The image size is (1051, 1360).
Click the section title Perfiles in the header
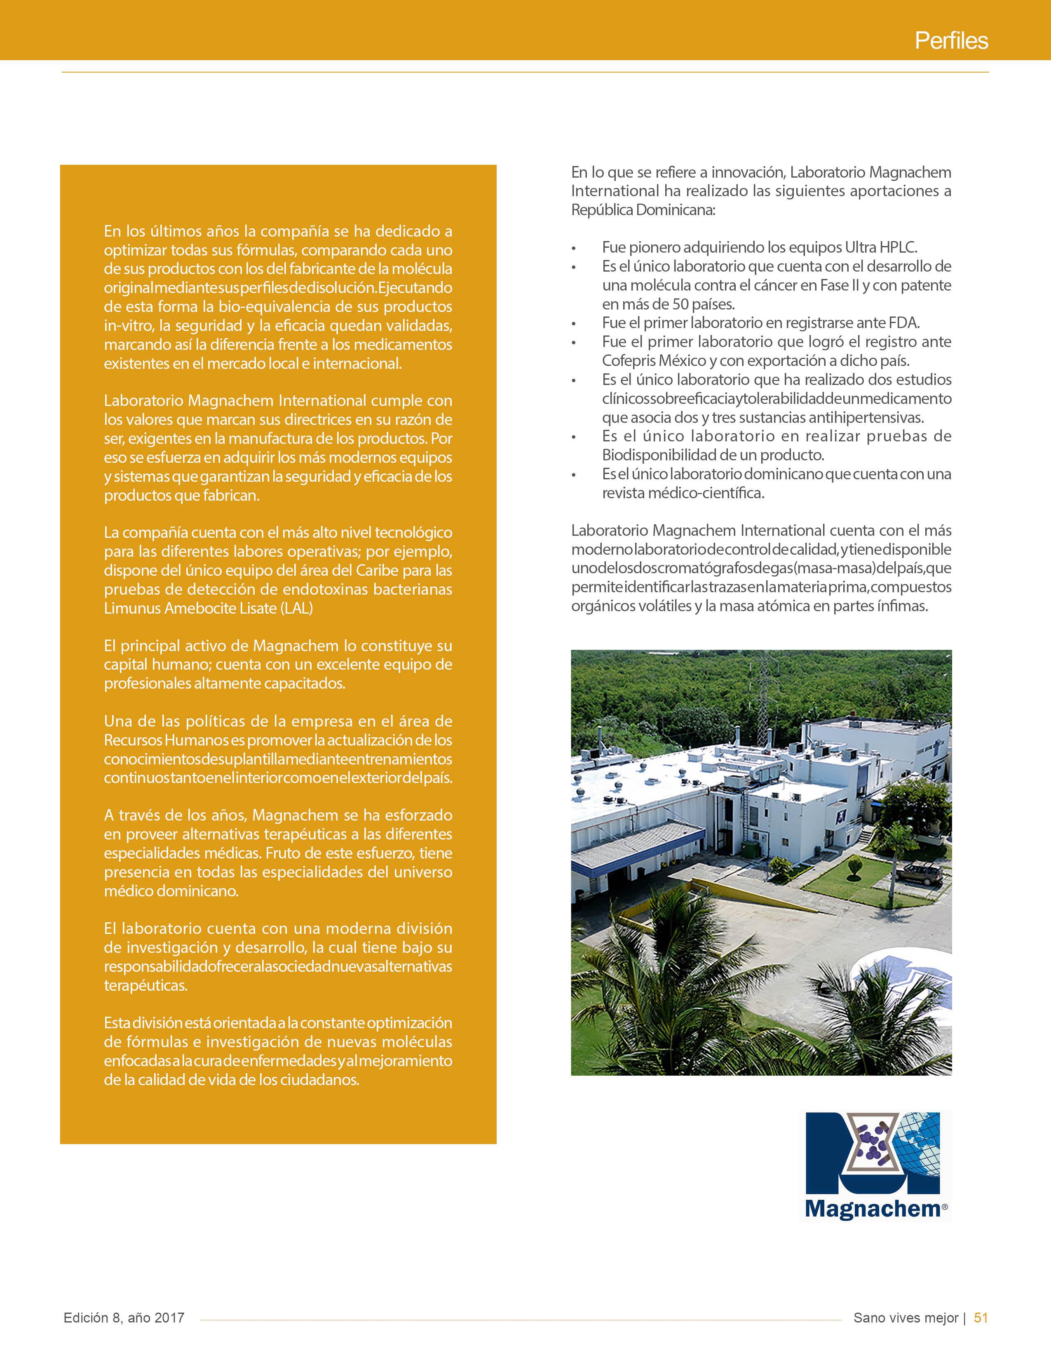tap(951, 41)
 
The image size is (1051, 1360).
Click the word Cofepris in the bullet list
tap(628, 361)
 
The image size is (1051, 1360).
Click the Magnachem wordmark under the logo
tap(873, 1209)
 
